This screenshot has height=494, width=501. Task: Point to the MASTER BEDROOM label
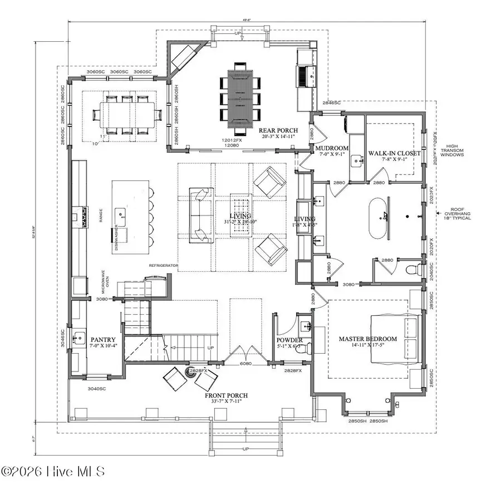click(x=368, y=339)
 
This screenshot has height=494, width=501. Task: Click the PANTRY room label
click(x=103, y=339)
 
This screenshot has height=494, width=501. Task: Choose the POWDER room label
click(x=289, y=340)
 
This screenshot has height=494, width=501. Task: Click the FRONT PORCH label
click(x=225, y=396)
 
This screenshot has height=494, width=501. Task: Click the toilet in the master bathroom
click(x=412, y=271)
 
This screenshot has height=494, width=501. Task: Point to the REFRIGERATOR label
click(x=163, y=266)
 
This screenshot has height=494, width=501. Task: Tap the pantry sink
click(x=80, y=338)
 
